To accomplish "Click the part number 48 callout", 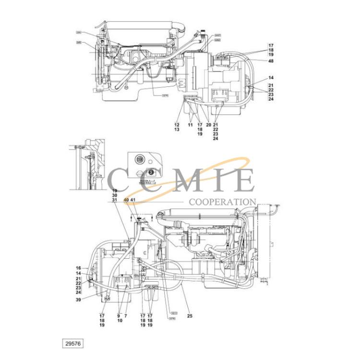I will tap(271, 61).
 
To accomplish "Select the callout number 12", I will tap(177, 125).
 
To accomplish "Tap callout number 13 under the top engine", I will tap(177, 130).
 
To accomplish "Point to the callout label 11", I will tap(191, 125).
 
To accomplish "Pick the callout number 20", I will tap(208, 125).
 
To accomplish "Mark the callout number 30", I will tap(114, 195).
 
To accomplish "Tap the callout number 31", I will tap(114, 200).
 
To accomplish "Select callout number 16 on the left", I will tap(78, 268).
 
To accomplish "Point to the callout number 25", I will tap(190, 315).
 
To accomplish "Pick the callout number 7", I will tap(126, 315).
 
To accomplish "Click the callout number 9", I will tap(119, 315).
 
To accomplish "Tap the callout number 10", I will tap(119, 320).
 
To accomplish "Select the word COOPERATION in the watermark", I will tap(222, 202).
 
